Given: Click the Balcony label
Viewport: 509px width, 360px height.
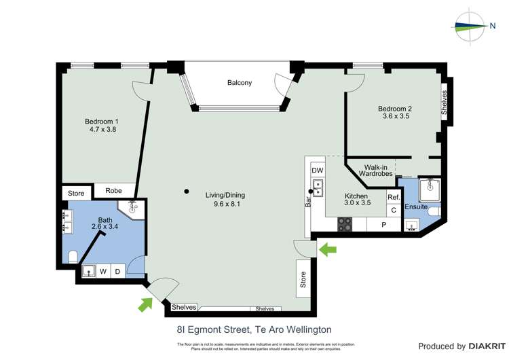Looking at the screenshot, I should [240, 83].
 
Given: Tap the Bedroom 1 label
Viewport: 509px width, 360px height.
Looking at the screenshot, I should [102, 122].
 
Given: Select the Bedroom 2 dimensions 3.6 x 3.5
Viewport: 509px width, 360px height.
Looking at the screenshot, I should [396, 116].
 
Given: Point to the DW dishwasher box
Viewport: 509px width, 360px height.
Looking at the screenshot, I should [318, 170].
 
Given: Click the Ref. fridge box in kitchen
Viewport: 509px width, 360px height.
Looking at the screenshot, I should [394, 197].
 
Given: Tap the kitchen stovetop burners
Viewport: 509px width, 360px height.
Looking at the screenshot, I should [345, 224].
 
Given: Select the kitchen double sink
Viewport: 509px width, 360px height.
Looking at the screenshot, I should [318, 185].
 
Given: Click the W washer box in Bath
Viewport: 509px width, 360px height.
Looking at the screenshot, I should [104, 272].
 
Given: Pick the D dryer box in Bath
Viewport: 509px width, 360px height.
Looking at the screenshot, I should [117, 272].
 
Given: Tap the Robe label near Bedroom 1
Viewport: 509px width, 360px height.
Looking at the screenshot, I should [114, 191].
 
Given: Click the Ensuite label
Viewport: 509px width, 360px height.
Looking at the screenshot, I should [415, 206].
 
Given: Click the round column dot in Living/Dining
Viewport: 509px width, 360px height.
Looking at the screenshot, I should [186, 192].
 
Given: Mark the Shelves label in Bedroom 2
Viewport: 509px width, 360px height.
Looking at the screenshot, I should [444, 103].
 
